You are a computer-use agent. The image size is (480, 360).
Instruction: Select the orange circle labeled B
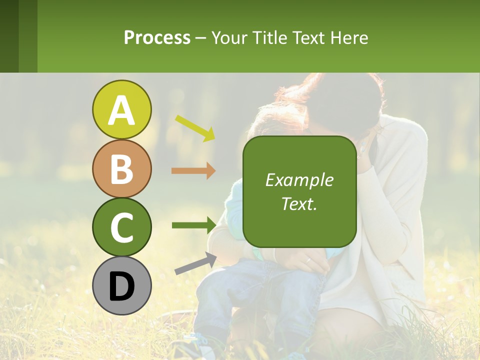(x=121, y=168)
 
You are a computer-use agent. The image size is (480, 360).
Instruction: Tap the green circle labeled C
(x=121, y=227)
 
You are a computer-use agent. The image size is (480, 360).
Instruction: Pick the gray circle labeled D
(x=121, y=285)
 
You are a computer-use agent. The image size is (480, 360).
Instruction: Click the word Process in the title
(x=157, y=37)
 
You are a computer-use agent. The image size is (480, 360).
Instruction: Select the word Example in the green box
(x=299, y=180)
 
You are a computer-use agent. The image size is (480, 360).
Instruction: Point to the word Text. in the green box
(x=299, y=203)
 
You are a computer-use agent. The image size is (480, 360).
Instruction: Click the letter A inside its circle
(x=121, y=110)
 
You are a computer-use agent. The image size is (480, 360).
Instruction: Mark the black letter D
(x=121, y=286)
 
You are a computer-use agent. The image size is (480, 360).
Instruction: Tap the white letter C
(x=121, y=227)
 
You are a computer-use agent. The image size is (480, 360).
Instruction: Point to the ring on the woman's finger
(x=308, y=260)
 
